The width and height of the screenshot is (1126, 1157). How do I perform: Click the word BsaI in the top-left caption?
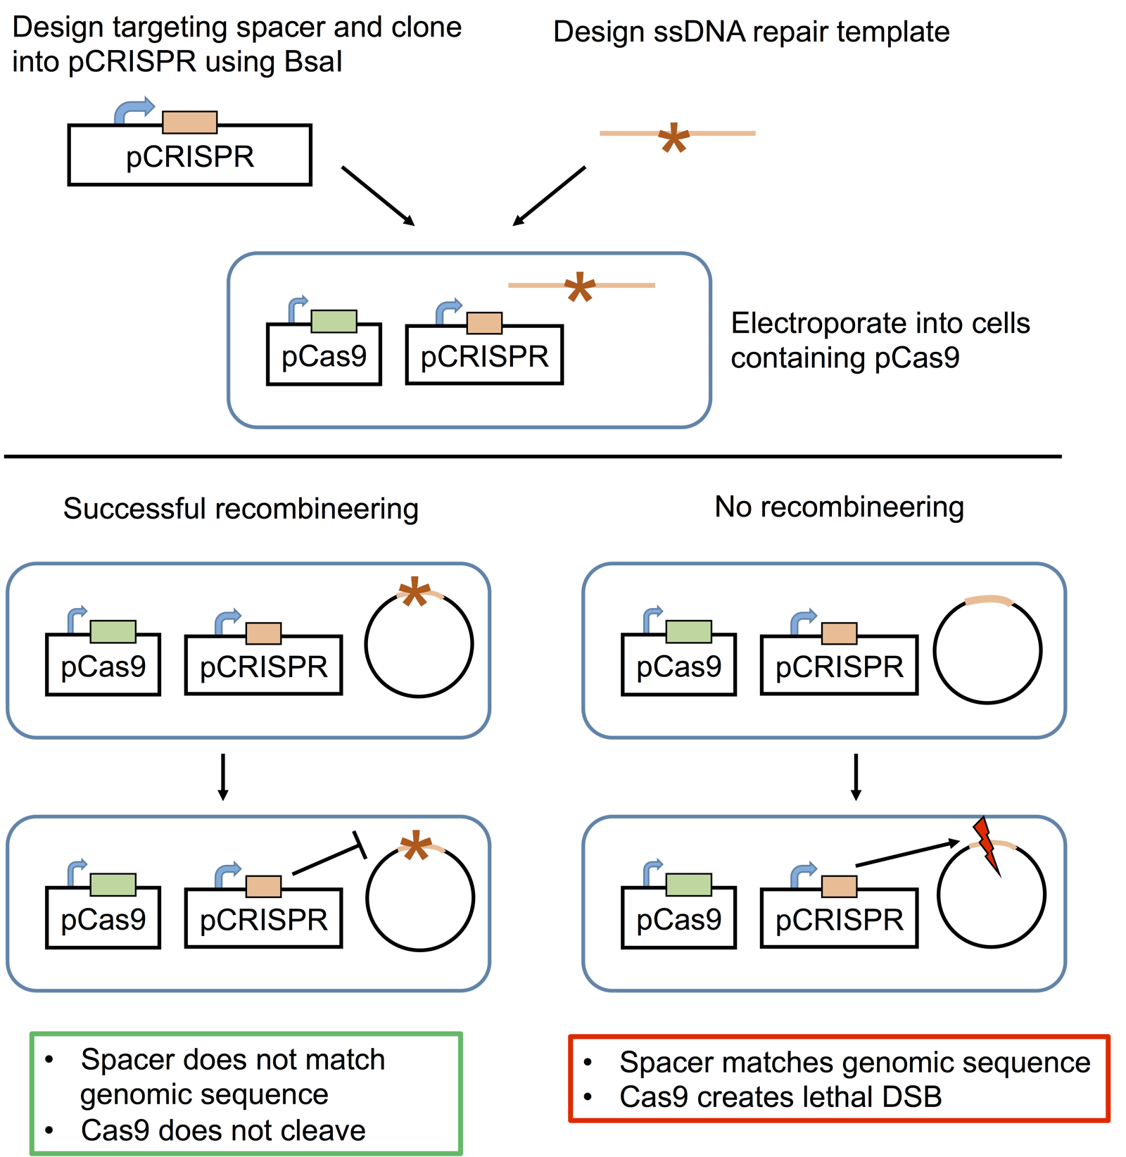point(313,63)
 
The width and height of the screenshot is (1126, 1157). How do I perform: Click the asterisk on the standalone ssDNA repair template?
point(673,139)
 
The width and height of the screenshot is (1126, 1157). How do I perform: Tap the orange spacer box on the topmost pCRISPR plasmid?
point(189,122)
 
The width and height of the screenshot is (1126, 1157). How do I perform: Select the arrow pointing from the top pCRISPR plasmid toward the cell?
point(378,196)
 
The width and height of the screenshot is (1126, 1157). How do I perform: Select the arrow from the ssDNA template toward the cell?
point(549,196)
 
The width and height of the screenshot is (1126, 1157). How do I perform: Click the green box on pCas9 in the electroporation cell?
point(334,322)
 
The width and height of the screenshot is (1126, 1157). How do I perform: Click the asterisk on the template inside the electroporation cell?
point(580,287)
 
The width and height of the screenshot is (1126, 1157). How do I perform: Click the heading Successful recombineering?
point(241,509)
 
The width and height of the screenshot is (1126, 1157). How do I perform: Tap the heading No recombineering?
point(839,507)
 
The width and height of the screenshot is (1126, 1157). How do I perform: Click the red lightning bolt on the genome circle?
point(987,845)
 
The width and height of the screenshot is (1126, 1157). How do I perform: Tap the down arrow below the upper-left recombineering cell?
point(223,777)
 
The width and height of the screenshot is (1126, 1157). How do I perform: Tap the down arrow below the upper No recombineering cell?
point(856,777)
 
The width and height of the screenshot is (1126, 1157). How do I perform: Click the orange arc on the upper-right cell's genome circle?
point(988,600)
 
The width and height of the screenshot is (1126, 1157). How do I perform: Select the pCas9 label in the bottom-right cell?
point(678,920)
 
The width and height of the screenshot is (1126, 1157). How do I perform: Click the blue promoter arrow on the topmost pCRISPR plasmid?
point(133,110)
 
